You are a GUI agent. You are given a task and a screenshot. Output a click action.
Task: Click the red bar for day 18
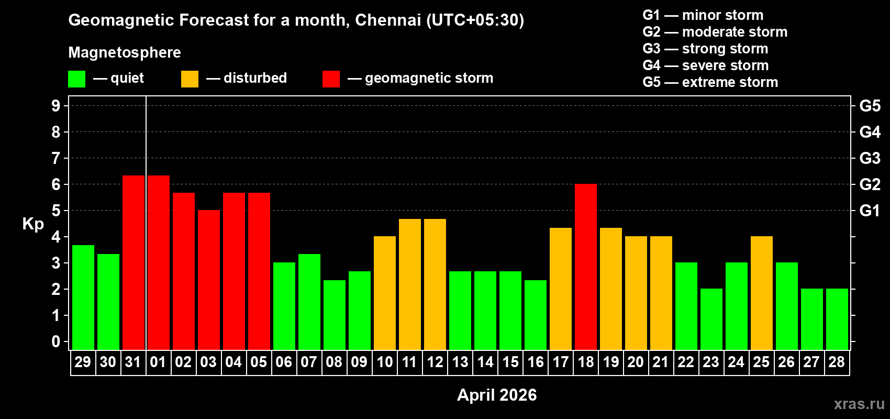click(x=586, y=267)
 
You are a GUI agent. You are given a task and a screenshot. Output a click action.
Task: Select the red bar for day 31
click(x=133, y=262)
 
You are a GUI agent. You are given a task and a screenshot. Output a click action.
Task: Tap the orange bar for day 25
click(x=762, y=293)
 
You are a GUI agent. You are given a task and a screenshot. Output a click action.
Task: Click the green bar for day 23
click(x=711, y=319)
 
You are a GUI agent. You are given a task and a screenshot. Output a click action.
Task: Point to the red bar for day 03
click(x=209, y=280)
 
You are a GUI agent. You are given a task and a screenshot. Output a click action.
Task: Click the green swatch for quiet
click(x=77, y=79)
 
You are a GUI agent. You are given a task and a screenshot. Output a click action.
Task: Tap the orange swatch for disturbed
click(x=190, y=79)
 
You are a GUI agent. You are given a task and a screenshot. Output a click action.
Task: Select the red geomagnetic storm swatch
click(x=331, y=79)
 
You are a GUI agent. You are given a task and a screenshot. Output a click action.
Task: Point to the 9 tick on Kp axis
click(x=56, y=106)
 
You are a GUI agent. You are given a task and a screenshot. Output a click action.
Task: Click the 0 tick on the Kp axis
click(x=56, y=341)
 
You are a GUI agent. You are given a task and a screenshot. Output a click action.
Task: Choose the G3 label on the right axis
click(x=870, y=158)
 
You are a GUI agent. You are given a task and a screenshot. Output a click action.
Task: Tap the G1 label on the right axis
click(x=870, y=211)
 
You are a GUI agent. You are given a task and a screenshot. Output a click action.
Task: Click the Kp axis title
click(x=33, y=224)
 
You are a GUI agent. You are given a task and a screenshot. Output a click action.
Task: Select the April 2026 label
click(x=497, y=395)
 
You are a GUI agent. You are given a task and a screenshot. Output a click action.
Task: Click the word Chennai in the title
click(x=388, y=20)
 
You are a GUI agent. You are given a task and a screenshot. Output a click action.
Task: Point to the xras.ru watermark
click(x=859, y=404)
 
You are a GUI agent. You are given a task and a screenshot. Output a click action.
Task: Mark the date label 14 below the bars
click(x=485, y=362)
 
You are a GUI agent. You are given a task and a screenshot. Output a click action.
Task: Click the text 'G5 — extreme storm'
click(x=710, y=82)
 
